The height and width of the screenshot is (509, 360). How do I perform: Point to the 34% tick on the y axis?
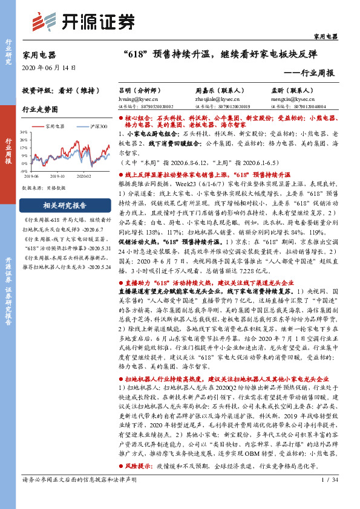[x=25, y=131]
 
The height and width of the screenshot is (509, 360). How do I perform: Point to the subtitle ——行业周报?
[x=309, y=73]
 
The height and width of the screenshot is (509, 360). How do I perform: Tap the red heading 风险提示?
[x=140, y=467]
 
